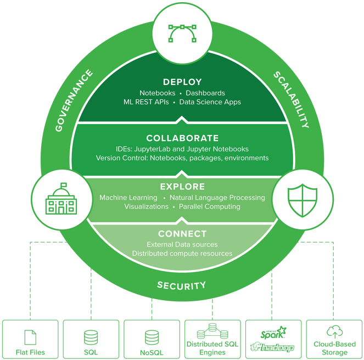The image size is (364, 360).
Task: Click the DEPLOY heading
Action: point(182,82)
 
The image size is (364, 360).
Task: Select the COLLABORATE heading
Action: point(182,138)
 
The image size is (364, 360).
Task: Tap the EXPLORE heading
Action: point(182,187)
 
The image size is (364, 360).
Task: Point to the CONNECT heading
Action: point(182,234)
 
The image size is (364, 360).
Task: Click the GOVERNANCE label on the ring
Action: point(74,101)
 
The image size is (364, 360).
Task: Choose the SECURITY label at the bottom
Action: point(182,285)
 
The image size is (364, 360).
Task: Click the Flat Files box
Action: point(30,339)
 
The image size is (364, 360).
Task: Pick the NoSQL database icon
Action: point(152,336)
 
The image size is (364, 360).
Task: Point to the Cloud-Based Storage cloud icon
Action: point(334,331)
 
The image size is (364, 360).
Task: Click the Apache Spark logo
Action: point(273,333)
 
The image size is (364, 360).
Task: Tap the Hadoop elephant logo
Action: point(273,347)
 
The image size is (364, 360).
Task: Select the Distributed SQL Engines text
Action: point(212,348)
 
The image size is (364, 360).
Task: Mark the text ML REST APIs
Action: point(146,102)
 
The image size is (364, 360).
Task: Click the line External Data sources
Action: point(182,244)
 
